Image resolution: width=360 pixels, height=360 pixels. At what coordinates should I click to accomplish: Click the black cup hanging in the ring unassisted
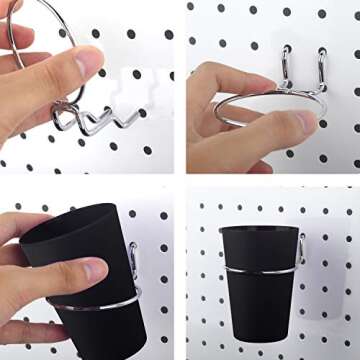tap(259, 290)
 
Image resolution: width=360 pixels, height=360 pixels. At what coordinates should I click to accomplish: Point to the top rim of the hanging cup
tap(258, 229)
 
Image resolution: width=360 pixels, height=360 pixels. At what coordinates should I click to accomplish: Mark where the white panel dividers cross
tap(179, 179)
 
